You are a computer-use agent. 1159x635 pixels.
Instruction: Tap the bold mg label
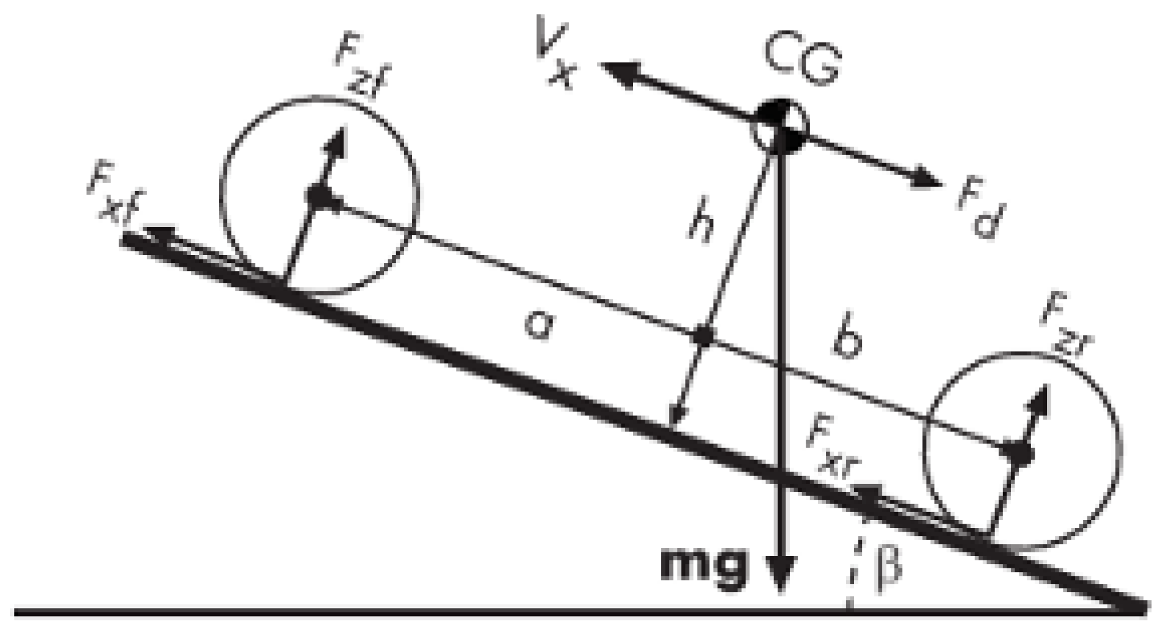705,565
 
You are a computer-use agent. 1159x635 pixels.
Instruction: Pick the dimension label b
849,343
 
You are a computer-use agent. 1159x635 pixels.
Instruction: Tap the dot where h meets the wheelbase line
703,336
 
